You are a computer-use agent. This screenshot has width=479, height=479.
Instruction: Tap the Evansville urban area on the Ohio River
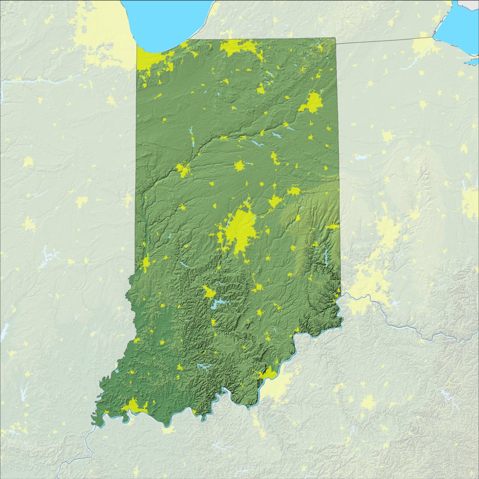[134, 406]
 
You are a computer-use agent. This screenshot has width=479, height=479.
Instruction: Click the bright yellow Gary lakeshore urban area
[153, 59]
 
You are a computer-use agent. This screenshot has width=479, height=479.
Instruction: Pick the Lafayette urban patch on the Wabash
[184, 170]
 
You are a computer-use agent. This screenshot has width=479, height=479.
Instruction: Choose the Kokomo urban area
[239, 166]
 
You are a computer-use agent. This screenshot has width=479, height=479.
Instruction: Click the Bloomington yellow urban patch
[208, 292]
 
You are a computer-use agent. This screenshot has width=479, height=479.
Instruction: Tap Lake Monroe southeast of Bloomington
[218, 304]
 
